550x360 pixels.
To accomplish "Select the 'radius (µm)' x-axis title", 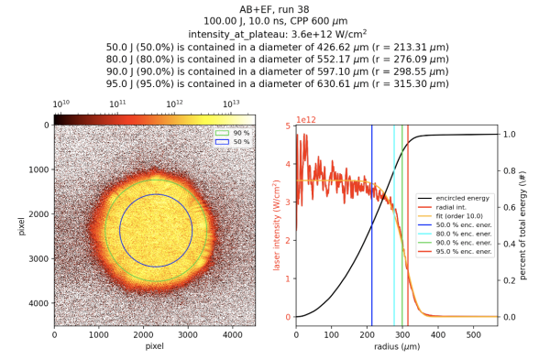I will [396, 347].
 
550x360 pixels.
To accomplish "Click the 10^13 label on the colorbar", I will [232, 105].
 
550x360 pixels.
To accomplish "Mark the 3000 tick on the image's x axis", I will [188, 334].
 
